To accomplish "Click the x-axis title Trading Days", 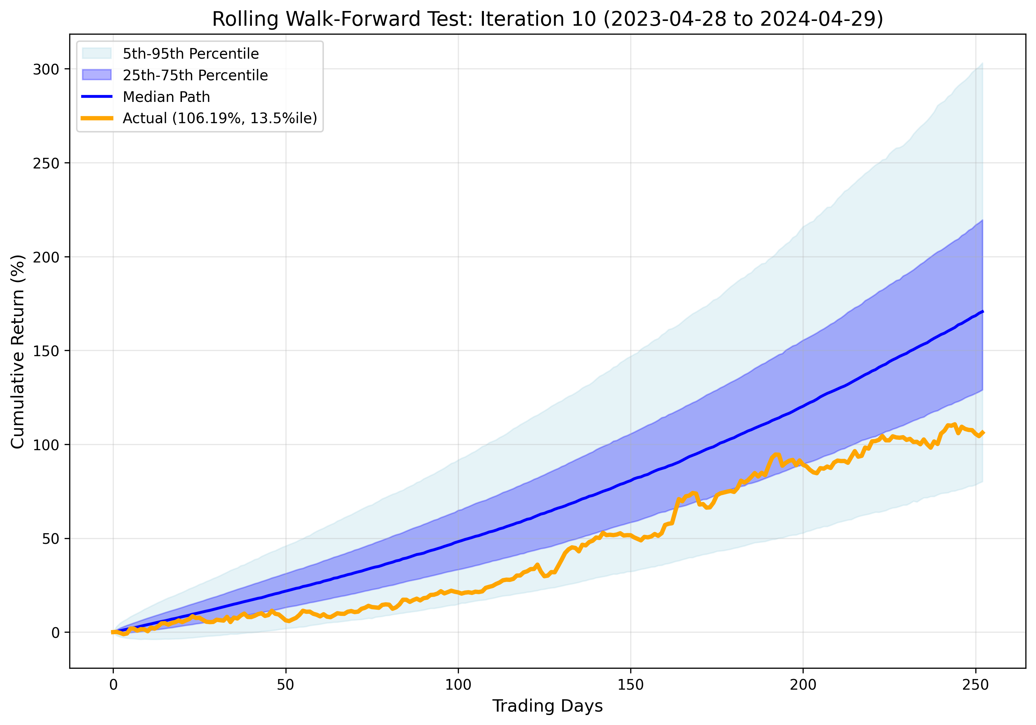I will [547, 705].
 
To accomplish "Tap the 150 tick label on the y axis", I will [46, 351].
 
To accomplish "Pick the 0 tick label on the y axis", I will [55, 633].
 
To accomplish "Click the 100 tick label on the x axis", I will [458, 685].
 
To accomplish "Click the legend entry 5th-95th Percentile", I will [191, 54].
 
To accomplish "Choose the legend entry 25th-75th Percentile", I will [195, 75].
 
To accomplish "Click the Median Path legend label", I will [166, 97].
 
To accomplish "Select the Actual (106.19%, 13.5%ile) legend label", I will [220, 118].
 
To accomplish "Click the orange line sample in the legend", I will [97, 118].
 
